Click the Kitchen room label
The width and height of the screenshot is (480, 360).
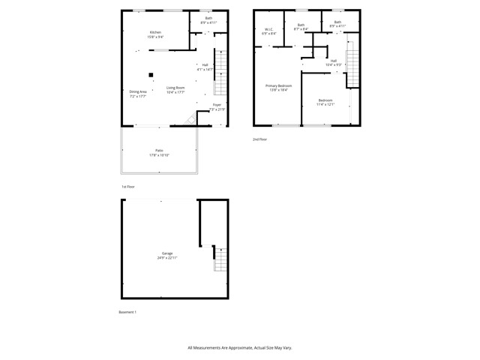click(155, 32)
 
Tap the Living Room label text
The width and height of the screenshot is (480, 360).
click(175, 88)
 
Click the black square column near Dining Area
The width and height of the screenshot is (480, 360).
click(151, 74)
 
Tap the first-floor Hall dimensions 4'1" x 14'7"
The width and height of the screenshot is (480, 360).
click(205, 69)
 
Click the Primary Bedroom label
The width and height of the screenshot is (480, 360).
click(279, 86)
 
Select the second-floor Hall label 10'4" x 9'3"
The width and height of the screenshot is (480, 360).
click(333, 64)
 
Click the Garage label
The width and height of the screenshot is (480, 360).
click(167, 253)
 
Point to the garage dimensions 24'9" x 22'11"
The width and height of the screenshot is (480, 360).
click(167, 258)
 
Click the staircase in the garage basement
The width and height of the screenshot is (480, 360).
click(220, 259)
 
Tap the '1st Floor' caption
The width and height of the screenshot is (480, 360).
click(128, 186)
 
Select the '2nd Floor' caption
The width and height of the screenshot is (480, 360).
click(259, 139)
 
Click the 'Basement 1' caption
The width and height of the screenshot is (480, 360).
click(127, 312)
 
